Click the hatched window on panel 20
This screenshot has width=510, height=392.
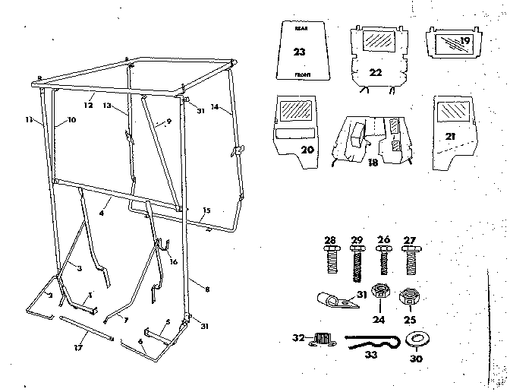point(294,110)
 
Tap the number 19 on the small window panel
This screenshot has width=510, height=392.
point(464,40)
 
